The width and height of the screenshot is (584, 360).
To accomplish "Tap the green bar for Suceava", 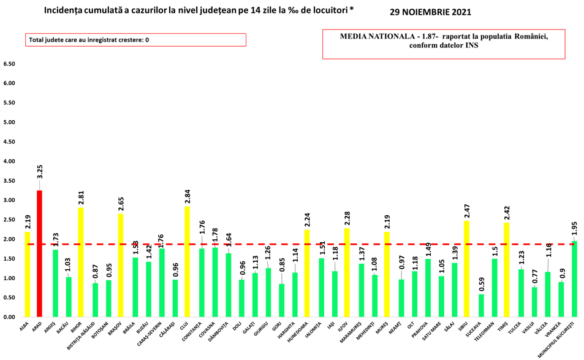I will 482,305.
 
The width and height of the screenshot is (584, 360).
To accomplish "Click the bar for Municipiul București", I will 575,279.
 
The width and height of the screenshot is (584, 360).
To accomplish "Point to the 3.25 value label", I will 40,171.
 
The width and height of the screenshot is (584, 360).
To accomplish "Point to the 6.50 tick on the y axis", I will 9,64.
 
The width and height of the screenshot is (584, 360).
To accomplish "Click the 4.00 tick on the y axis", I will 9,161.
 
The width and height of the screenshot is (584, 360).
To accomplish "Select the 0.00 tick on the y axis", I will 9,317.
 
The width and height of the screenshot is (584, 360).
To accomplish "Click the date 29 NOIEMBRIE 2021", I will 431,12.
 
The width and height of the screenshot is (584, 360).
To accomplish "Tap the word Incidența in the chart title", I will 69,11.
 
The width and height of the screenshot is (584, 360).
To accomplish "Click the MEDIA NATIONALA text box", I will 444,43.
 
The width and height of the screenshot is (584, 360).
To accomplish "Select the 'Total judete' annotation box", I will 135,40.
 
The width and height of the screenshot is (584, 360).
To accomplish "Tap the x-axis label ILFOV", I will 346,328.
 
